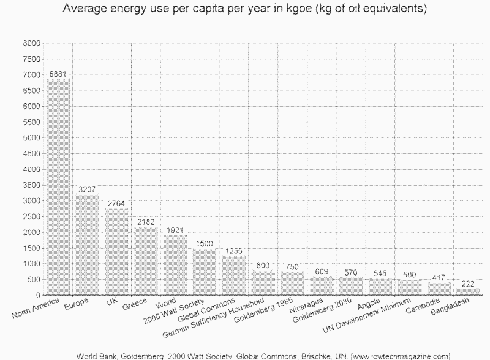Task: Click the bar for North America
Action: click(58, 187)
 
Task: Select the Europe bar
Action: click(88, 245)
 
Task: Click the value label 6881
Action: click(58, 73)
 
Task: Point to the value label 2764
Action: click(116, 203)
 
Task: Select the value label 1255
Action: click(234, 251)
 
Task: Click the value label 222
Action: click(468, 283)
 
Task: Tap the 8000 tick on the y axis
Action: click(32, 43)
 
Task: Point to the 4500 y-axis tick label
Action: click(32, 154)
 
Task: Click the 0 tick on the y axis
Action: click(37, 295)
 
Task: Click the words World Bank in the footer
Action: click(97, 356)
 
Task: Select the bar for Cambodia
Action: click(439, 288)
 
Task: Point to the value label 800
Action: click(263, 265)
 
